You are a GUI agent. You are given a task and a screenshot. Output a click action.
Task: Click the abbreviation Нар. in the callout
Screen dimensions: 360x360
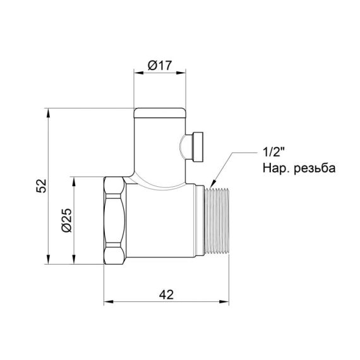click(273, 168)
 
